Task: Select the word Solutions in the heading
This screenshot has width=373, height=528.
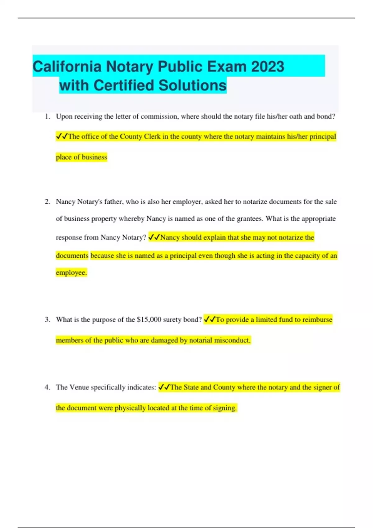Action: [x=192, y=85]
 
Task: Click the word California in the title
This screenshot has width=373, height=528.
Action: [x=67, y=66]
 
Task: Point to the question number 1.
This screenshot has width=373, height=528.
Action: [x=47, y=116]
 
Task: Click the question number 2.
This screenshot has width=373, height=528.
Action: [x=47, y=202]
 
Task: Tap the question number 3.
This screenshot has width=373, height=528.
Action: [x=47, y=320]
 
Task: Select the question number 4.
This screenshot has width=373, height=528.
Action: [x=47, y=387]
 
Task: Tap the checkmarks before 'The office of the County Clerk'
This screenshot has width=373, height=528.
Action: [x=62, y=136]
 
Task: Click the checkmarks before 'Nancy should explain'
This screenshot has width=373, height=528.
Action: [x=154, y=237]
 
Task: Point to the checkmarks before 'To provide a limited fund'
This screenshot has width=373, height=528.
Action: [x=210, y=320]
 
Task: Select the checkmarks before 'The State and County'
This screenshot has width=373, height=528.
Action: [x=164, y=387]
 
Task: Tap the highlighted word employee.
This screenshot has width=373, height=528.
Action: [x=71, y=273]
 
